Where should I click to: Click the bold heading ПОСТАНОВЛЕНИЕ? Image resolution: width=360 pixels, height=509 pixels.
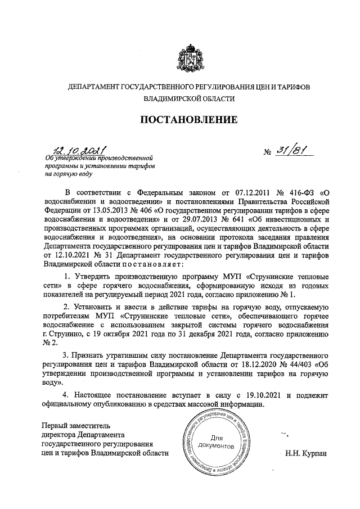tap(188, 119)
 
